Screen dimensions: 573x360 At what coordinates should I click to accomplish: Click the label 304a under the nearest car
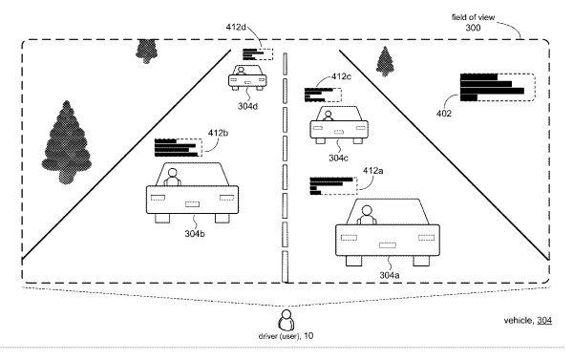click(x=390, y=275)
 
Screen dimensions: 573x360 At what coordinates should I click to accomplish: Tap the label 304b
click(x=195, y=234)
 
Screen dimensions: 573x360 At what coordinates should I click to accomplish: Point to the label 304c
click(x=338, y=158)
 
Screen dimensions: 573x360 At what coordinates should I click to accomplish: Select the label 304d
click(x=247, y=106)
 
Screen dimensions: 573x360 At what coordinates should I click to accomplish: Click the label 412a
click(x=373, y=171)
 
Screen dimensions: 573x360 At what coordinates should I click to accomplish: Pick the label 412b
click(x=218, y=133)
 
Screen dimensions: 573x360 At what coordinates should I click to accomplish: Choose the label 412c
click(x=342, y=76)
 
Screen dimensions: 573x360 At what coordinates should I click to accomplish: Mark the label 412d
click(x=236, y=27)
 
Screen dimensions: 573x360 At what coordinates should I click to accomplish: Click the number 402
click(x=444, y=114)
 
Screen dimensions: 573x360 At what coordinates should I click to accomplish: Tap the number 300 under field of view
click(x=473, y=28)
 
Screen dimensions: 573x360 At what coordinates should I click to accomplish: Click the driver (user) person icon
click(x=286, y=320)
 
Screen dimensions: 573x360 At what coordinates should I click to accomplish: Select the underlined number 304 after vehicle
click(x=544, y=321)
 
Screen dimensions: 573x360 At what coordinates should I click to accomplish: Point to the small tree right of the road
click(x=385, y=61)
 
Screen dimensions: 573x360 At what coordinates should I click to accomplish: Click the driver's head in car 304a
click(x=367, y=210)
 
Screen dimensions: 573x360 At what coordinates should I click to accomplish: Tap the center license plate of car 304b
click(x=192, y=204)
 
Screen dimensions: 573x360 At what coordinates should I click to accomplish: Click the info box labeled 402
click(x=498, y=87)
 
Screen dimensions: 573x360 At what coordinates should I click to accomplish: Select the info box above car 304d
click(x=258, y=54)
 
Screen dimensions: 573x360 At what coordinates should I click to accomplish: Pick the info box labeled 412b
click(x=178, y=148)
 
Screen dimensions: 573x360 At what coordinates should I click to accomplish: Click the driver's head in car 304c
click(x=329, y=115)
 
